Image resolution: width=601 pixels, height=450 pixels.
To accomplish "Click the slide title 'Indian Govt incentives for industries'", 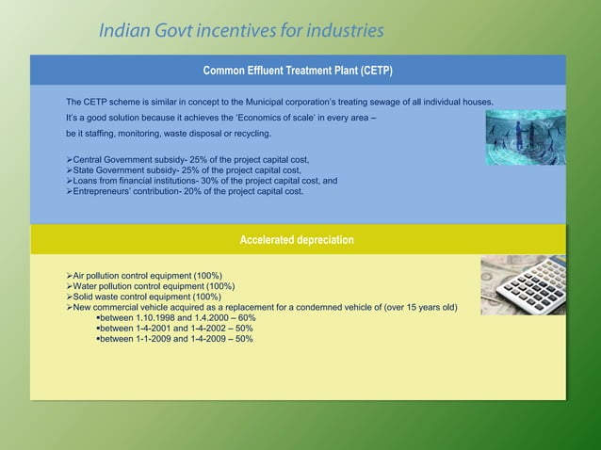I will (241, 31).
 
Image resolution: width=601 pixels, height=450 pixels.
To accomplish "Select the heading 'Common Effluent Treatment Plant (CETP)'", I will (298, 71).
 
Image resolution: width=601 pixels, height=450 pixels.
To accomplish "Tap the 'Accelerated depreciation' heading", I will (298, 240).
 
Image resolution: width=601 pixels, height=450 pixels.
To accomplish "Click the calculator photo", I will (523, 285).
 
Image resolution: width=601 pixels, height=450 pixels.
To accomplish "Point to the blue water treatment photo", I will (525, 137).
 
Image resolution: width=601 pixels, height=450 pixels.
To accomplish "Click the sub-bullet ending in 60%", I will (176, 318).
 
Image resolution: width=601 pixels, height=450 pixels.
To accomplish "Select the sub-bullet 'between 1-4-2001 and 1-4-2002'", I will (174, 329).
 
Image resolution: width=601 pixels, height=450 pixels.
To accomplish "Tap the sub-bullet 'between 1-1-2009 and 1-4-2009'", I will (174, 339).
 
